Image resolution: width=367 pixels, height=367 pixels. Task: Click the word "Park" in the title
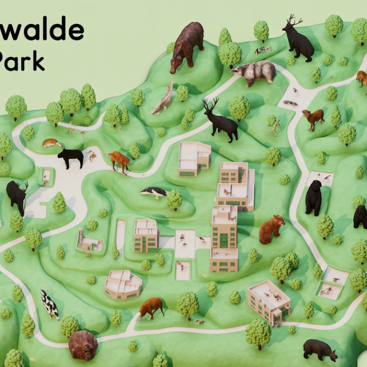click(22, 61)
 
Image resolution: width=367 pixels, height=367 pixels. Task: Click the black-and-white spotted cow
click(50, 304)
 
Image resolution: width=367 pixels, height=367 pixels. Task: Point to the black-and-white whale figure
click(153, 192)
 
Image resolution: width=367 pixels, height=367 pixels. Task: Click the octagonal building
click(123, 284)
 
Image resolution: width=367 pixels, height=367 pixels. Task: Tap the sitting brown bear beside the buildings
click(271, 229)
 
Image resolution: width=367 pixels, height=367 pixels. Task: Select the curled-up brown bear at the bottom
click(83, 345)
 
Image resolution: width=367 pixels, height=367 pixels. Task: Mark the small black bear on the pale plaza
click(70, 157)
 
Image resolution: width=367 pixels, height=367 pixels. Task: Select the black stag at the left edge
click(17, 195)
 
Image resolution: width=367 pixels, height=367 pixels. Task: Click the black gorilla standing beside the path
click(313, 197)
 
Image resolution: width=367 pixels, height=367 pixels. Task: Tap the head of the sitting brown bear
click(278, 221)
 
